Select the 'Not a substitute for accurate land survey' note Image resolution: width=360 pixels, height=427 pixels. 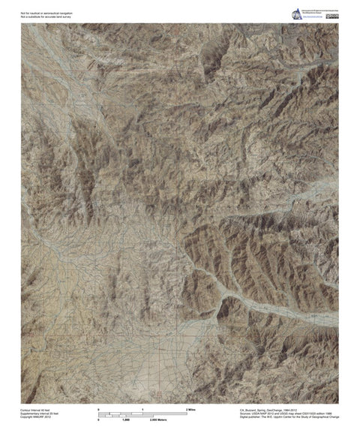click(46, 17)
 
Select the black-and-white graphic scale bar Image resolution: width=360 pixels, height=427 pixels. click(142, 414)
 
